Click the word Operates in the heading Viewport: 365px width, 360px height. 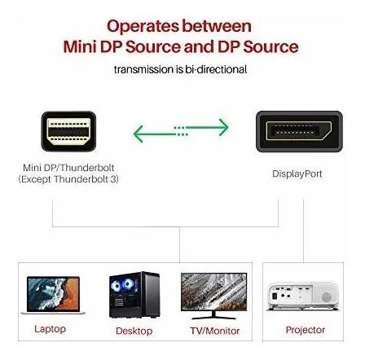coord(143,27)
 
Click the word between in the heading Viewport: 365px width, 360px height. coord(217,26)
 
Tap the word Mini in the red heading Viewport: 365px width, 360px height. coord(80,46)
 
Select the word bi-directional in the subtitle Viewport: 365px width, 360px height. coord(216,69)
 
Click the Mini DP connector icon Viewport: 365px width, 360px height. coord(68,131)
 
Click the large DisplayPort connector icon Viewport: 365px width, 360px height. coord(299,131)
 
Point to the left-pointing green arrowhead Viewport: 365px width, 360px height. coord(139,134)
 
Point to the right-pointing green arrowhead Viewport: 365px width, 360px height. coord(223,127)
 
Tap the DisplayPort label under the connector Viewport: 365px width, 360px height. coord(297,174)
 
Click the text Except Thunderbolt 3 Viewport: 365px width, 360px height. coord(68,179)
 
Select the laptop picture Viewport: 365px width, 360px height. coord(53,296)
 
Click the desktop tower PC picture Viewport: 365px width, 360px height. coord(134,295)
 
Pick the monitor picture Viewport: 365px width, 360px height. coord(213,296)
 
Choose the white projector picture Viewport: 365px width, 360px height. coord(303,296)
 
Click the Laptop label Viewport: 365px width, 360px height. coord(50,329)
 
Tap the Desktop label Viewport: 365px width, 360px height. coord(134,331)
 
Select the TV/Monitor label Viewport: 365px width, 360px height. coord(214,331)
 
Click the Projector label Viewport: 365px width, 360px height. coord(306,330)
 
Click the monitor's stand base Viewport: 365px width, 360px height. coord(213,316)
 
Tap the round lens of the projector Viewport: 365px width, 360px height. coord(326,297)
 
